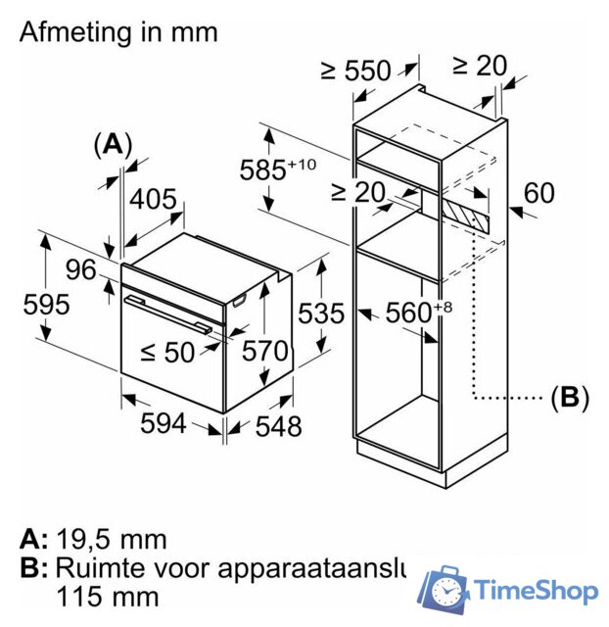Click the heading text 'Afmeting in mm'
pos(118,32)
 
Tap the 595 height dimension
pos(46,305)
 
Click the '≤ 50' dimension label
pos(165,351)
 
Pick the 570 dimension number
pos(266,351)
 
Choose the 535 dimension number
pos(321,313)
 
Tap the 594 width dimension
pos(163,423)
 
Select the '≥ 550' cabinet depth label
pos(354,70)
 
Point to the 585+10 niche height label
pos(277,169)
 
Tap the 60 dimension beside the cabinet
pos(539,193)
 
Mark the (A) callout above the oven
pos(113,145)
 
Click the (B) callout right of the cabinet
pos(570,398)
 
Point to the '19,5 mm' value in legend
pos(111,539)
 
